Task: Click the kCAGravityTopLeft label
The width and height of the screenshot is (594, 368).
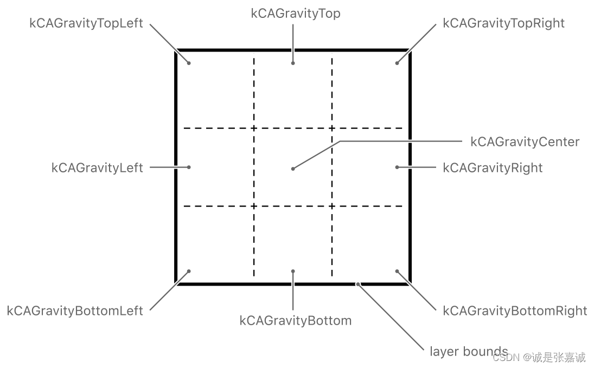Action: tap(86, 23)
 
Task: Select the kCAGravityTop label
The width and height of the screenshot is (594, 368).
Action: tap(296, 14)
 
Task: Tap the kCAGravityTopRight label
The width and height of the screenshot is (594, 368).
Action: tap(503, 23)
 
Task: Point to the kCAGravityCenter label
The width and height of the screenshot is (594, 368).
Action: tap(525, 142)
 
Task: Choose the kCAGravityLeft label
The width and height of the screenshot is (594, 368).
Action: tap(97, 168)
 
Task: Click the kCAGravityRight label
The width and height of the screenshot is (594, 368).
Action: tap(493, 168)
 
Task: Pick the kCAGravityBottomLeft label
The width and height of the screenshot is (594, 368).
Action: tap(75, 311)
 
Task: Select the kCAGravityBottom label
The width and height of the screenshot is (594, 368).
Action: tap(295, 320)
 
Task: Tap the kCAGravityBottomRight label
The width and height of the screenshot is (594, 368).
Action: tap(515, 311)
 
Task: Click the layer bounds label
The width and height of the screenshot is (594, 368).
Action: tap(469, 351)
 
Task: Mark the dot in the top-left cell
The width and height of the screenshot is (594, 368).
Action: tap(189, 63)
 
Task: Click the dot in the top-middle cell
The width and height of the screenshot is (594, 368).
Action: tap(293, 63)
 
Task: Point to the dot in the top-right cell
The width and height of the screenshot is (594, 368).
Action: tap(397, 63)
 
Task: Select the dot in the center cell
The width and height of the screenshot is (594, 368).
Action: tap(293, 169)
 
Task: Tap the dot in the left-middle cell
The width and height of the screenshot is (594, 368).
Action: tap(189, 167)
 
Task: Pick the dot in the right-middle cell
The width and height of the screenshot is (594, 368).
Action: tap(397, 167)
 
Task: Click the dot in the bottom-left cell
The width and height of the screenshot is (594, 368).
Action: tap(189, 271)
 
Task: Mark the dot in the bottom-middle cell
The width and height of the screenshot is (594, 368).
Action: tap(293, 271)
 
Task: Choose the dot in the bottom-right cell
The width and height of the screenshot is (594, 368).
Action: tap(397, 271)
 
